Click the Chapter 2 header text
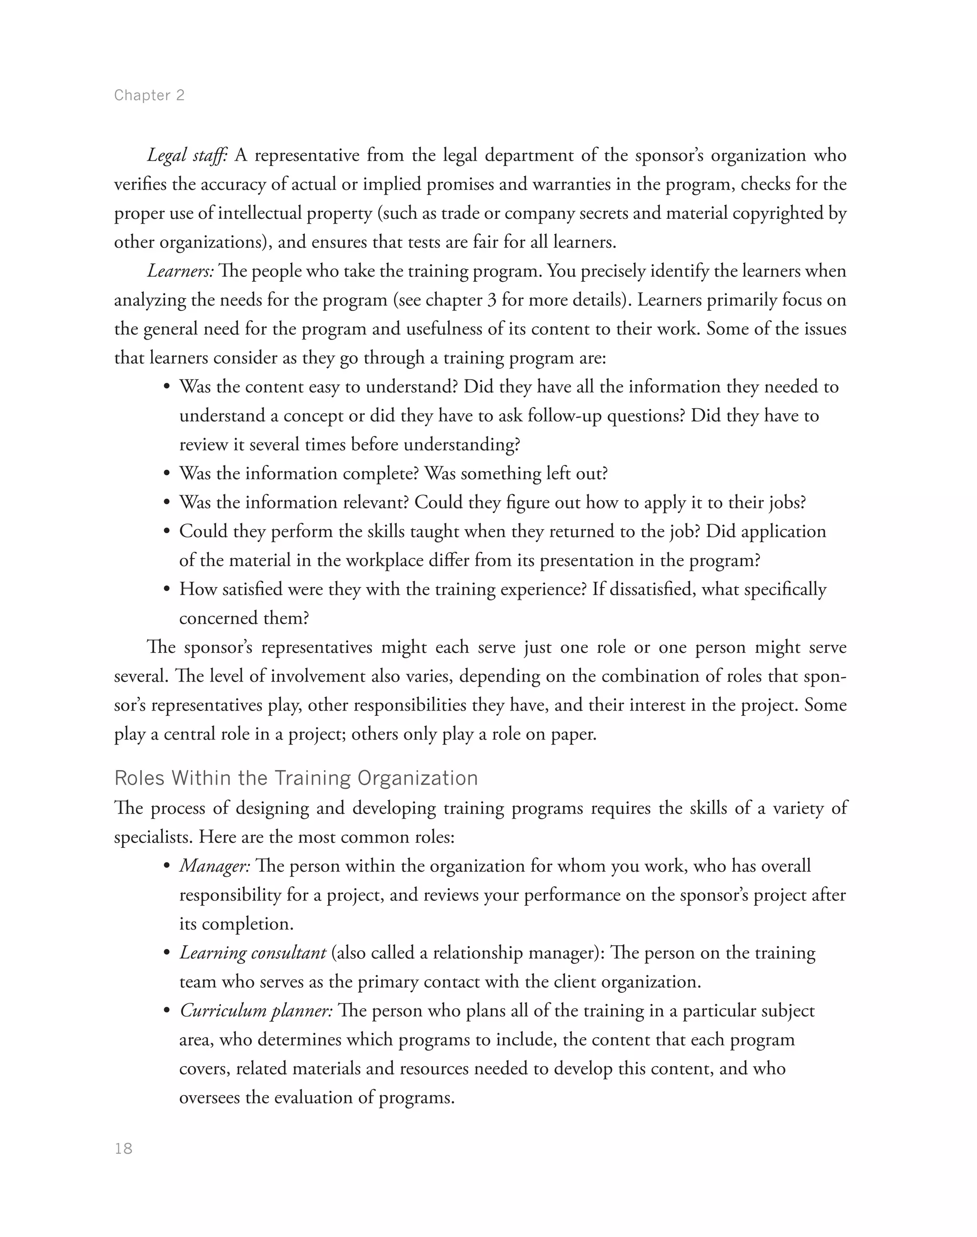149,95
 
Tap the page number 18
124,1148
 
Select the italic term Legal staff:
187,155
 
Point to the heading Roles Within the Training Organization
296,778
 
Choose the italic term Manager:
215,866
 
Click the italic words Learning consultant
253,953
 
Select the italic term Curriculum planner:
256,1010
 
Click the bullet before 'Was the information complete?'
167,474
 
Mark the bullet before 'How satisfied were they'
167,589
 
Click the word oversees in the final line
209,1097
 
